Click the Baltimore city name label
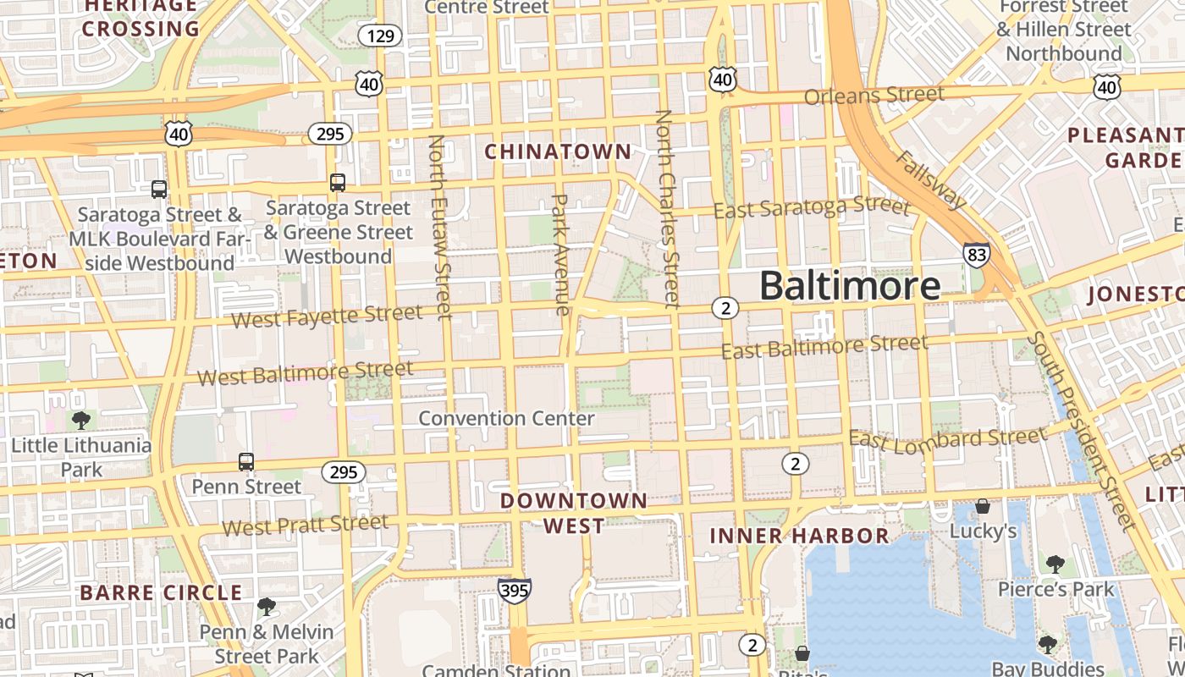coord(849,286)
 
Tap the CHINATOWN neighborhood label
coord(558,151)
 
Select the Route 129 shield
coord(379,36)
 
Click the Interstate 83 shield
coord(976,256)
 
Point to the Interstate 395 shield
coord(515,590)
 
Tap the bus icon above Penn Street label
coord(246,462)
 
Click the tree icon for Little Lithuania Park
coord(81,420)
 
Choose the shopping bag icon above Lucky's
coord(983,506)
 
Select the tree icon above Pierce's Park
coord(1055,564)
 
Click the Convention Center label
coord(506,418)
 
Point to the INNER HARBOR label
coord(799,536)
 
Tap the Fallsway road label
coord(930,179)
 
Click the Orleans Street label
coord(874,95)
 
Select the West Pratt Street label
coord(305,525)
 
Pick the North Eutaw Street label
coord(440,227)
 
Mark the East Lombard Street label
coord(947,438)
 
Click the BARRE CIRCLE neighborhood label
coord(161,592)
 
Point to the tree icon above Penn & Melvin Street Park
coord(267,606)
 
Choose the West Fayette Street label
coord(326,316)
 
